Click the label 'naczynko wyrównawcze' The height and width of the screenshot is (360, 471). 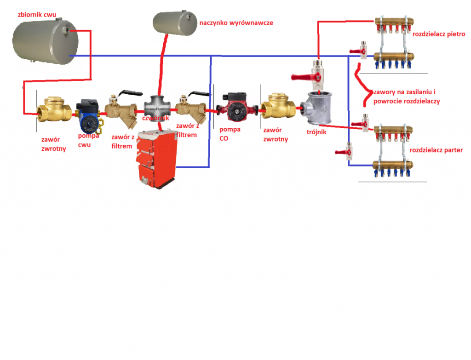236,22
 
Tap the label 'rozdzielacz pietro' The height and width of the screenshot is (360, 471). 439,34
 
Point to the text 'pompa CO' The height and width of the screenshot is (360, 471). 230,133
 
